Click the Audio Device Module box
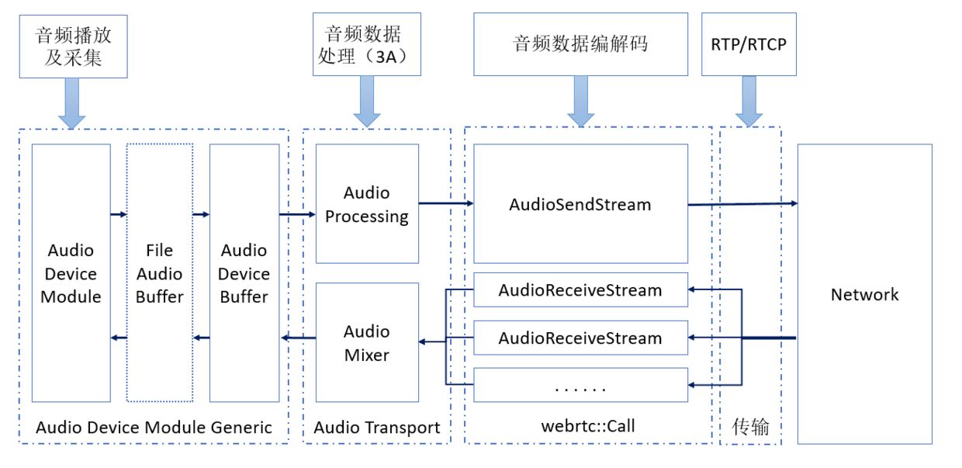[x=71, y=273]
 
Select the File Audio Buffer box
[x=159, y=273]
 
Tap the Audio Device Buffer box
[x=244, y=273]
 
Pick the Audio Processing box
[x=367, y=203]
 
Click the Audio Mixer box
[x=367, y=342]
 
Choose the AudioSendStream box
[x=580, y=204]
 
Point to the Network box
[x=864, y=294]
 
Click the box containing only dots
[x=580, y=385]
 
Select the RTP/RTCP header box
[x=749, y=44]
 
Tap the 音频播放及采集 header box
[x=73, y=45]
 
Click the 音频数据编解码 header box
[x=580, y=44]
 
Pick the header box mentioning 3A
[x=367, y=44]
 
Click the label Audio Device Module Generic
[x=154, y=427]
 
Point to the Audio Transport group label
[x=377, y=427]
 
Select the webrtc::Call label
[x=588, y=426]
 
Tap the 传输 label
[x=750, y=426]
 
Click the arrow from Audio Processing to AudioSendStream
[x=446, y=203]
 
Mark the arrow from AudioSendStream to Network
[x=742, y=203]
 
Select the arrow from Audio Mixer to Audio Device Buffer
[x=299, y=338]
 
